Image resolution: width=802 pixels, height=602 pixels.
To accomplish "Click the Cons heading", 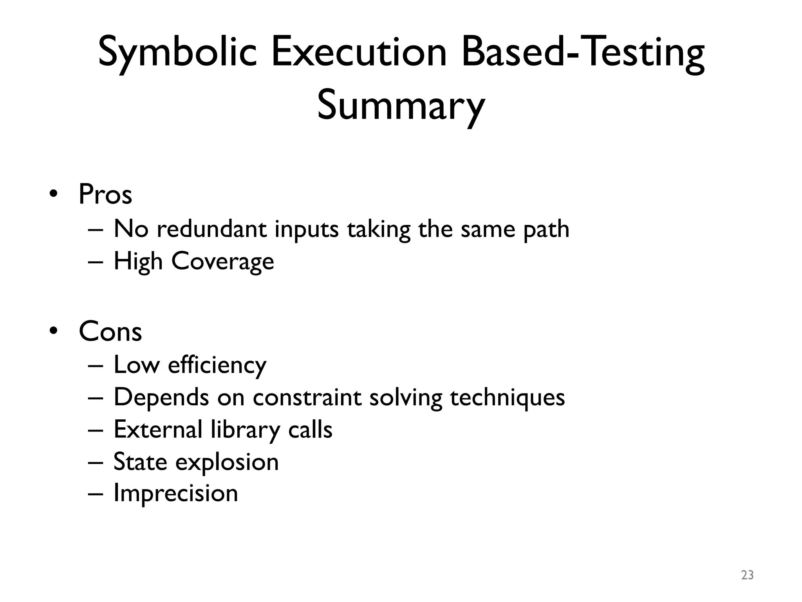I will click(110, 332).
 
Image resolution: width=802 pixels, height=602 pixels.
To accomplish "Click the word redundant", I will click(211, 229).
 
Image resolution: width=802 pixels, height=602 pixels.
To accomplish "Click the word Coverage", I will click(222, 262).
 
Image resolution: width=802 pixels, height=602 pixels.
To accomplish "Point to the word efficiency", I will click(217, 365).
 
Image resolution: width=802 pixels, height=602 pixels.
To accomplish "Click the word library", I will click(245, 430).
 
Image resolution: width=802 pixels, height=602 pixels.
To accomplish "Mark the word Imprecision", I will click(175, 494).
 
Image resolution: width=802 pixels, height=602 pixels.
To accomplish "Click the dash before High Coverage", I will click(96, 262).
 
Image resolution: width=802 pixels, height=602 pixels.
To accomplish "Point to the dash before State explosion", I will click(96, 462).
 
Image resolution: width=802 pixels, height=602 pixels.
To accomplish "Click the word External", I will click(157, 430).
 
